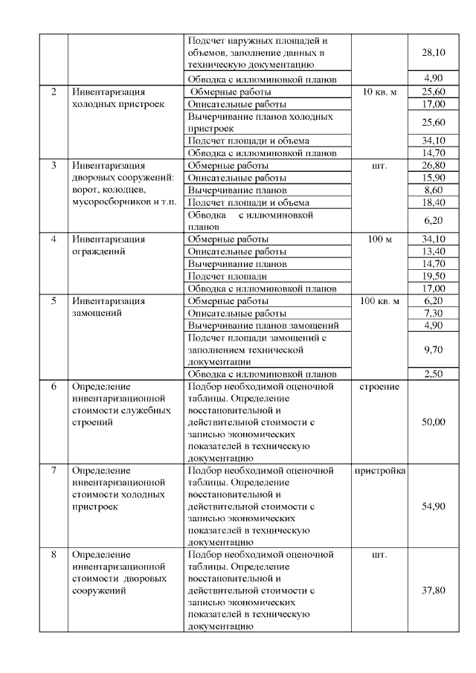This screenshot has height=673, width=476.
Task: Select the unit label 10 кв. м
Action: pos(379,91)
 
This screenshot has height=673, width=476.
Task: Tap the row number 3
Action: pos(54,165)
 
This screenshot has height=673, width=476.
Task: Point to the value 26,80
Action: pos(433,165)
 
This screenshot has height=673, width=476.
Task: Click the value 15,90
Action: pos(433,178)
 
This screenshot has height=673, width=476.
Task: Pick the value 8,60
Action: pos(433,190)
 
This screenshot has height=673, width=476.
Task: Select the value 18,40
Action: pos(433,202)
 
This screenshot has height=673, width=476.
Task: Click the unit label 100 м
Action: pos(379,239)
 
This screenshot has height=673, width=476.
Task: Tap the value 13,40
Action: pos(433,251)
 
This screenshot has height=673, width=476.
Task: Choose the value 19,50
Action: pos(433,276)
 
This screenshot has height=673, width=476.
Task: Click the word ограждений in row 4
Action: pos(97,251)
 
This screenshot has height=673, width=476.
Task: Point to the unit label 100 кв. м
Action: pos(379,301)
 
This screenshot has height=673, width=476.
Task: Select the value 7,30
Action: pos(433,313)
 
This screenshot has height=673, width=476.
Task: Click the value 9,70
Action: pos(433,349)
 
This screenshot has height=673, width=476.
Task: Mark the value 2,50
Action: pos(433,373)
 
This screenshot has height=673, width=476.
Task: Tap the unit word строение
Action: pos(379,387)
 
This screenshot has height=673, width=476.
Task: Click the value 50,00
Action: pos(433,422)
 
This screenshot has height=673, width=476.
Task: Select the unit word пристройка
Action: pos(380,471)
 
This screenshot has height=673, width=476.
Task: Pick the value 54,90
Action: pos(433,506)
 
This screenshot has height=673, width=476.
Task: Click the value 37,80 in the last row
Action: pos(433,590)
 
